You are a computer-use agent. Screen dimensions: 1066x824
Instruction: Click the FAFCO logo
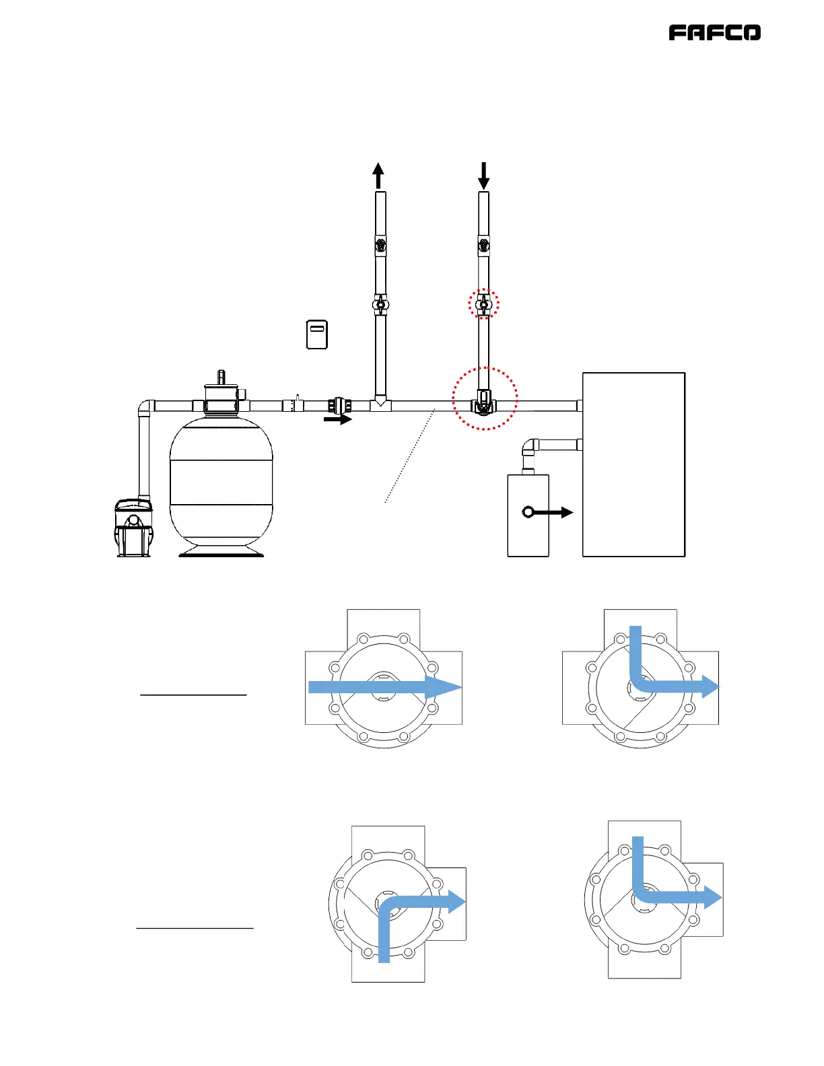(x=714, y=33)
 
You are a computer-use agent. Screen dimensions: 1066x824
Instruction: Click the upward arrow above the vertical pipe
(x=378, y=176)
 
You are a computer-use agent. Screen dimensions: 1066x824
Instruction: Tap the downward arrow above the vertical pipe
(x=483, y=176)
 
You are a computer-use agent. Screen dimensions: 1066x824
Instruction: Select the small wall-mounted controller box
(x=317, y=334)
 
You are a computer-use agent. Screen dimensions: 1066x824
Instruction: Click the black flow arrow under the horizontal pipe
(x=337, y=420)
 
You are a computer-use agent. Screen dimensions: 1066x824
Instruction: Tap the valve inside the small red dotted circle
(x=483, y=305)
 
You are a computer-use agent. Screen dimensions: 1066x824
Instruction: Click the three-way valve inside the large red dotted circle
(x=483, y=404)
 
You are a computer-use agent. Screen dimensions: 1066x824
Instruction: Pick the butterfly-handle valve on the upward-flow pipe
(x=380, y=305)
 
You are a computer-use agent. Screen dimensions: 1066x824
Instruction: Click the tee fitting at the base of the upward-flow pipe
(x=380, y=403)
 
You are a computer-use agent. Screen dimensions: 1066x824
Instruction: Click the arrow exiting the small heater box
(x=548, y=512)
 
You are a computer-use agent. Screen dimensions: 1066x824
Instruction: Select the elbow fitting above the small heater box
(x=530, y=447)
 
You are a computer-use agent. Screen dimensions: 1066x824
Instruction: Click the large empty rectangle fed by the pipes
(x=633, y=464)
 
